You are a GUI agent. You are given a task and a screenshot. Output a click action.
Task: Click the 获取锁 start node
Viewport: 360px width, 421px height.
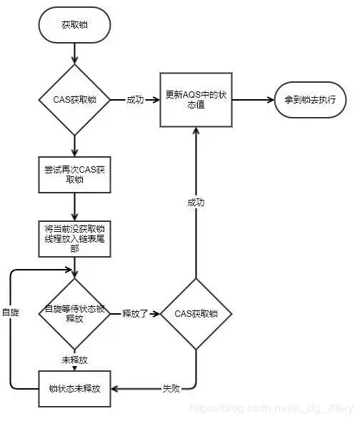point(74,26)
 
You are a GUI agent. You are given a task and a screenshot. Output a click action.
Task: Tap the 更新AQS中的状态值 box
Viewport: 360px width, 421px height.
point(196,100)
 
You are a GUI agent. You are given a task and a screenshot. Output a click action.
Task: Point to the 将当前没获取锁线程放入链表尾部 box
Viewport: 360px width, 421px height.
point(74,239)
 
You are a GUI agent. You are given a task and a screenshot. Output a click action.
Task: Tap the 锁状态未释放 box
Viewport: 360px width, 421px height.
point(74,389)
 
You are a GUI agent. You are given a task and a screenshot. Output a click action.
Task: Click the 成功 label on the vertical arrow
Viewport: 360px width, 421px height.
point(196,203)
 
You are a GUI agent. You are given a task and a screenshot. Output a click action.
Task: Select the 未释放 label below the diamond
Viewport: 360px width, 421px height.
point(74,360)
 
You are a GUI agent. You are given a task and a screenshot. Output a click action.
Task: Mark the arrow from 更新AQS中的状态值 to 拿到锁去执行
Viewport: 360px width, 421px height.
point(254,101)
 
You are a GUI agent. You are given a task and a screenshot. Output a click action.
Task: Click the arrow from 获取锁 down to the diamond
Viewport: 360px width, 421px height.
point(74,51)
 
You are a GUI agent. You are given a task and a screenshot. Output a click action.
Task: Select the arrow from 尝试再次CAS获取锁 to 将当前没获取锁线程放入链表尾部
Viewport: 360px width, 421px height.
point(74,207)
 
